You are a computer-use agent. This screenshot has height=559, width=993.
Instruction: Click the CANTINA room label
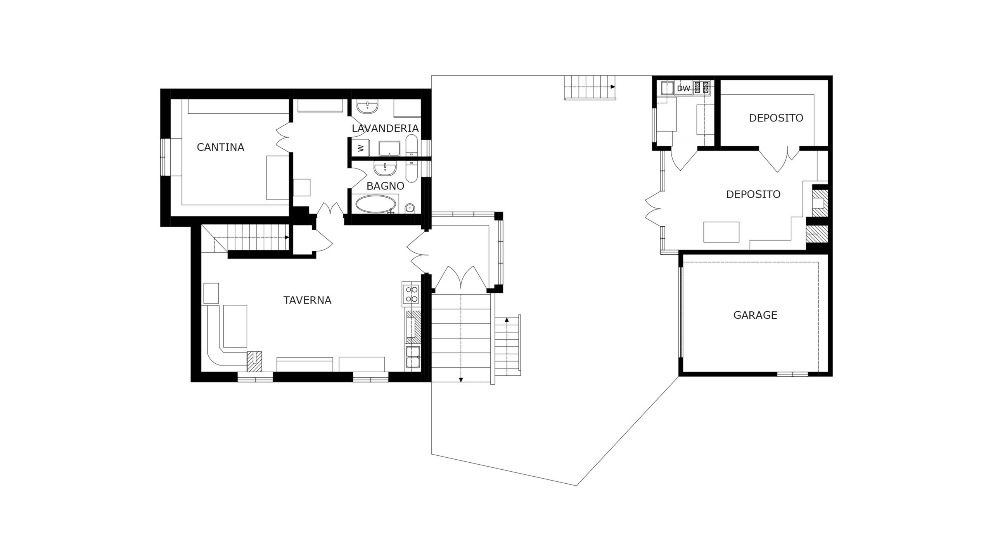tap(220, 148)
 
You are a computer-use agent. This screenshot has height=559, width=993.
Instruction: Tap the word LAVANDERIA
tap(385, 128)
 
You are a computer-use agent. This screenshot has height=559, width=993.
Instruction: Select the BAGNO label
tap(385, 186)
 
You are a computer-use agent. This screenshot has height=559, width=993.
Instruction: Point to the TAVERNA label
tap(307, 300)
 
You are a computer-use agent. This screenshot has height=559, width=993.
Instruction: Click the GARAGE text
tap(755, 315)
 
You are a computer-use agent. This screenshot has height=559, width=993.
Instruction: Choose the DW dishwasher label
tap(683, 89)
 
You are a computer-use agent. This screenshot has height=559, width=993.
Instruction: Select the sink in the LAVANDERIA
tap(367, 107)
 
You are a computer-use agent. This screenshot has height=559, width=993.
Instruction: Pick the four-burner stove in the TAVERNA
tap(411, 294)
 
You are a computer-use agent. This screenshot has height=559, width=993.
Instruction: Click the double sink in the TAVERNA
tap(412, 357)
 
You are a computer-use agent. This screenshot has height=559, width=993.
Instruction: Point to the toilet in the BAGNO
tap(410, 208)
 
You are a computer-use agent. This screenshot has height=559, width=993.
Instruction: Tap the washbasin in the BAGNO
tap(385, 169)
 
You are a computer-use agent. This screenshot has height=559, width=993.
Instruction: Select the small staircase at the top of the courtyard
tap(590, 87)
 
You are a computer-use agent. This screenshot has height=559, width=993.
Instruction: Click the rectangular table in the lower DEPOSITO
tap(721, 232)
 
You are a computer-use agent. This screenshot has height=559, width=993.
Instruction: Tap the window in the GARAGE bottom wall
tap(792, 374)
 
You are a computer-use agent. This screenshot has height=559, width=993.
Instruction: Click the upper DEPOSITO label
tap(776, 118)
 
